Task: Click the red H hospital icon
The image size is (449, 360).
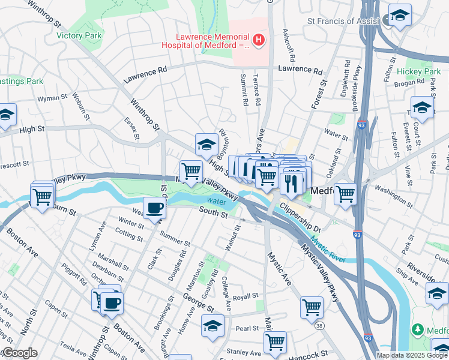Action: pyautogui.click(x=259, y=40)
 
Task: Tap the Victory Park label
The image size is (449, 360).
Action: pyautogui.click(x=77, y=35)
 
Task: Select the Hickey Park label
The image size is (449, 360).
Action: pyautogui.click(x=423, y=71)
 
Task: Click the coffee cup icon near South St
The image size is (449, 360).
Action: pyautogui.click(x=155, y=208)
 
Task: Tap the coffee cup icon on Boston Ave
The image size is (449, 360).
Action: pyautogui.click(x=111, y=302)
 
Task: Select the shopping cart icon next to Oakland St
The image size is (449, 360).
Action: pyautogui.click(x=346, y=194)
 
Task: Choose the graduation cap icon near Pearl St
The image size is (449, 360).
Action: pyautogui.click(x=212, y=326)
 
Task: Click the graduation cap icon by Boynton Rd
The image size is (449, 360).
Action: pyautogui.click(x=206, y=145)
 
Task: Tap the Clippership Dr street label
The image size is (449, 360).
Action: pyautogui.click(x=304, y=221)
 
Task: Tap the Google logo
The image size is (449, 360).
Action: pyautogui.click(x=19, y=353)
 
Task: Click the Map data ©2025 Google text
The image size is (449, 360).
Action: pyautogui.click(x=412, y=355)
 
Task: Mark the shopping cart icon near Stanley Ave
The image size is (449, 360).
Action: pyautogui.click(x=274, y=342)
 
